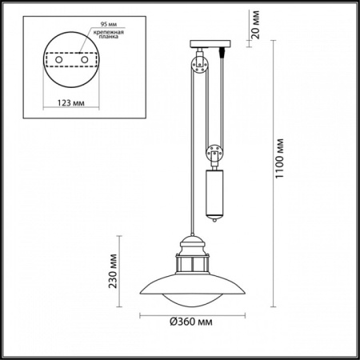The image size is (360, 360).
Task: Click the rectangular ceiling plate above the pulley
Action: pos(210,45)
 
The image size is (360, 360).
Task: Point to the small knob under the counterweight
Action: pos(216,218)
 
